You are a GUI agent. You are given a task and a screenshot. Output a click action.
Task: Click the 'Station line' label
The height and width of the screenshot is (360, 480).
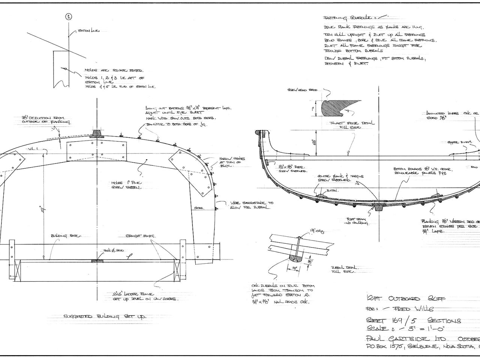[88, 31]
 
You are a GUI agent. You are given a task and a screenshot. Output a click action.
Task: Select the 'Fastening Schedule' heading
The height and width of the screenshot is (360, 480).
[348, 18]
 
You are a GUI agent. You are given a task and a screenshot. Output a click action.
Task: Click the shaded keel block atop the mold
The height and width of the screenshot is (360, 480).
[97, 134]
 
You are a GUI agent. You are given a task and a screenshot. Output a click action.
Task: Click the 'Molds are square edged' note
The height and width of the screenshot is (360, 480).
[111, 70]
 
